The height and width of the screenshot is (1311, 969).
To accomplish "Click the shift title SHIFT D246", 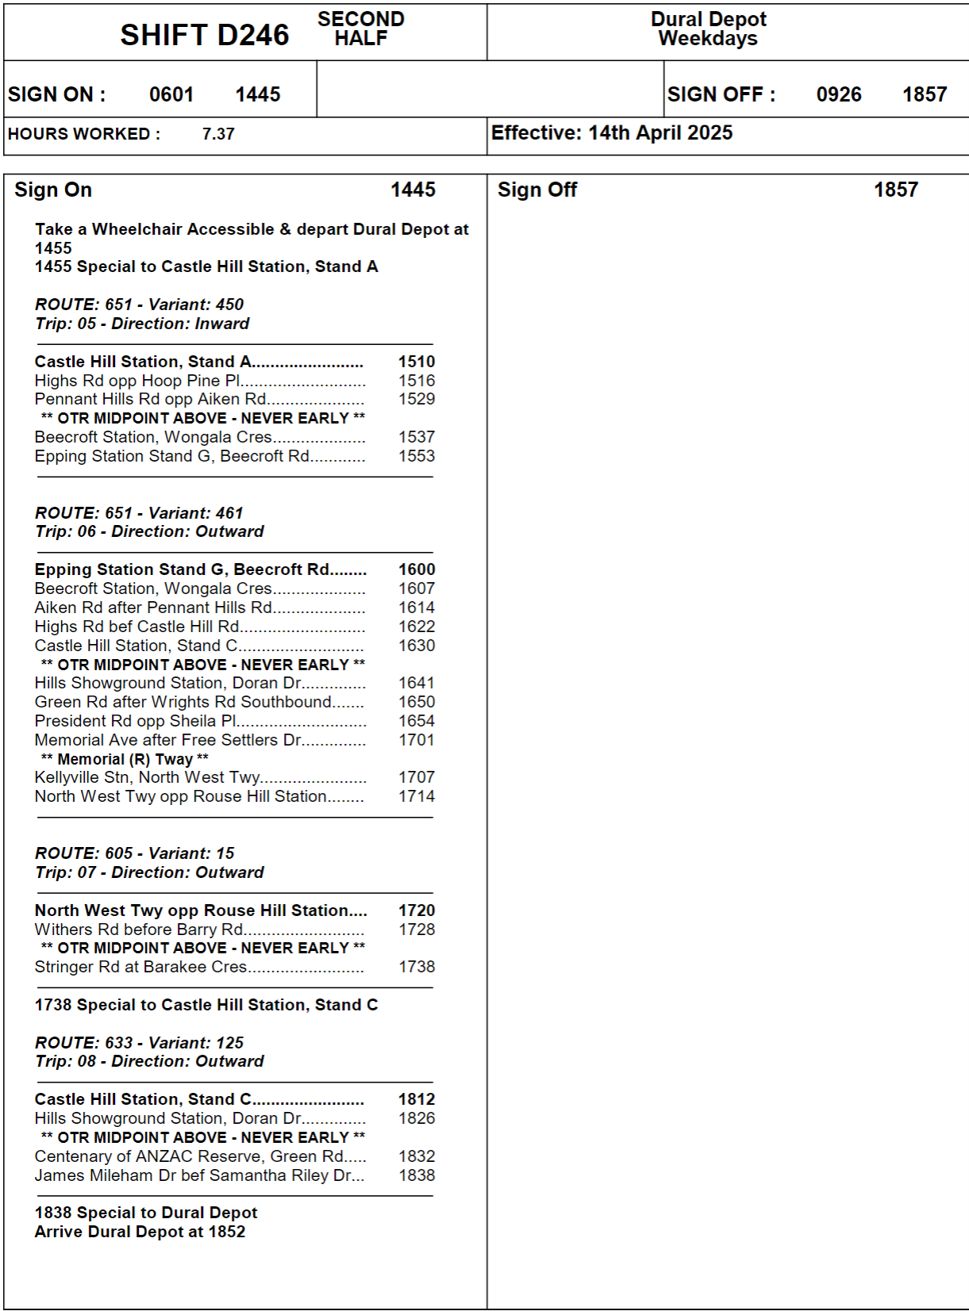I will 205,35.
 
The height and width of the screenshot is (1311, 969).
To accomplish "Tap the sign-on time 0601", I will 171,94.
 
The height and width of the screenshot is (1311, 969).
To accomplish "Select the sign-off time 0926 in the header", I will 839,94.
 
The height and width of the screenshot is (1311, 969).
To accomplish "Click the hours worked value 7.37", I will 218,134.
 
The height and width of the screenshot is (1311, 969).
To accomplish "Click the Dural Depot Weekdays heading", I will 708,29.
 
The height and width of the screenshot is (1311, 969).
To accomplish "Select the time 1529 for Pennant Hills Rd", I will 417,399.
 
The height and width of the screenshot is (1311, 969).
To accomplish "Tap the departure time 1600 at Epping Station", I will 417,569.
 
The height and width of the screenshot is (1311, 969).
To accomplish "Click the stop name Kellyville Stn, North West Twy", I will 147,777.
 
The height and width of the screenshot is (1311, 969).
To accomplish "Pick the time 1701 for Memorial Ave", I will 417,740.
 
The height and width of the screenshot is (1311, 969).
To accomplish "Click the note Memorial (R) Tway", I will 125,759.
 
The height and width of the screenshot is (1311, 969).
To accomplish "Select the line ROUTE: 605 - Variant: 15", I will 135,853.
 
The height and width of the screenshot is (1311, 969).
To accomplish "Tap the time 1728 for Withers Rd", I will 417,930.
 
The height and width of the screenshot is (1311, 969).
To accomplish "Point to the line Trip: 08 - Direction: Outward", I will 149,1061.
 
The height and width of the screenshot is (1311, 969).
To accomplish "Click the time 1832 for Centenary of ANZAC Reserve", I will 417,1156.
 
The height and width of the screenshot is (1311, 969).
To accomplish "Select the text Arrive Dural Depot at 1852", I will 140,1232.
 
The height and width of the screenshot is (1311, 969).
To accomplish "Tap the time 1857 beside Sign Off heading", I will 895,190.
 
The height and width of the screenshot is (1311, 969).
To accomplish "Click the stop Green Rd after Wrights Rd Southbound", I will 183,702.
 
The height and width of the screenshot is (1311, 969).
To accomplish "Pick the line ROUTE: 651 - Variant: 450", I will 140,305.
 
